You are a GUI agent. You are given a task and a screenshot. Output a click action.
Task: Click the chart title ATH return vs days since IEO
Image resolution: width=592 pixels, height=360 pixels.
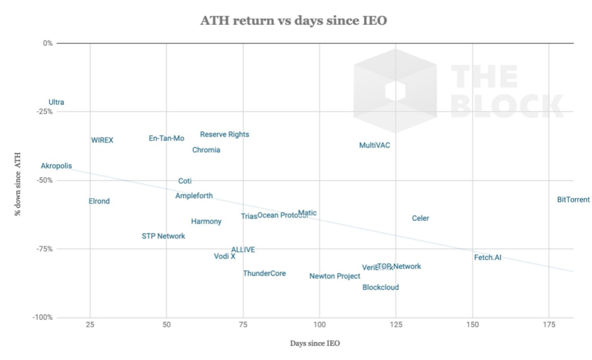[x=294, y=21]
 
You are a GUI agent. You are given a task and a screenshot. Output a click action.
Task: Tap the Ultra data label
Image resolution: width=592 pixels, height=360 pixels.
[x=56, y=103]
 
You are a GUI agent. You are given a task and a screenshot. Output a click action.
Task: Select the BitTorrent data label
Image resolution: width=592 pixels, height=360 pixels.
[x=573, y=199]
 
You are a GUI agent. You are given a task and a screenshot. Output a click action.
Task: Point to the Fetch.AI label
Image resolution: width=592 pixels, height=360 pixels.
[x=487, y=258]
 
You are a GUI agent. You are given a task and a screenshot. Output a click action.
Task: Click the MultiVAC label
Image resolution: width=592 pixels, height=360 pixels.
[x=375, y=146]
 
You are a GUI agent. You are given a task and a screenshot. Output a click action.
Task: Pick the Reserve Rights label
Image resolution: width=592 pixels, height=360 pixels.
[x=225, y=135]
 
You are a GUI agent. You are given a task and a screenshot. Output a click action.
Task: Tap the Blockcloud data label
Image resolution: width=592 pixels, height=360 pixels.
[x=381, y=288]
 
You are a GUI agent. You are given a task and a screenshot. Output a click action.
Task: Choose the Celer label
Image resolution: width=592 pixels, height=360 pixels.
[x=420, y=219]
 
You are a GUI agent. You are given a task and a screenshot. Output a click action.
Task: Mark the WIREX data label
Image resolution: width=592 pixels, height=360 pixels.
[x=102, y=141]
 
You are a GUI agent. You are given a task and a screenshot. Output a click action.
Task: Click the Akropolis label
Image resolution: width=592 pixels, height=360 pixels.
[x=56, y=166]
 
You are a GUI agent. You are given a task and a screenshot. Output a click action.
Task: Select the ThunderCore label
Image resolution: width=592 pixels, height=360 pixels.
[x=265, y=274]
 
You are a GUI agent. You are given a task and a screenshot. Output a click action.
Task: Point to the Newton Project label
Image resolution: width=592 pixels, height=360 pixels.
[x=335, y=277]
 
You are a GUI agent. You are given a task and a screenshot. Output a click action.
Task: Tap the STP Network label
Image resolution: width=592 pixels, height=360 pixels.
[x=163, y=236]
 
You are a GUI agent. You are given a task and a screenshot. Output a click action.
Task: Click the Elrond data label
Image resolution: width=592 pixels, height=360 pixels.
[x=99, y=202]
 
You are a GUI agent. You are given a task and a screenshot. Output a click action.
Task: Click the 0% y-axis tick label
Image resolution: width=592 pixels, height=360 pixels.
[x=48, y=43]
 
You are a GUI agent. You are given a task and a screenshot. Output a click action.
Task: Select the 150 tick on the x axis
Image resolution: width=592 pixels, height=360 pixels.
[x=472, y=325]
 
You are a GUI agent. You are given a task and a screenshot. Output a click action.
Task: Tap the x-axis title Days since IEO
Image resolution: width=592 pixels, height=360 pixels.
[x=315, y=344]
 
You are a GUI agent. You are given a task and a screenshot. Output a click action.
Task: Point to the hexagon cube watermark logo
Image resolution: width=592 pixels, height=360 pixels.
[x=394, y=91]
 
